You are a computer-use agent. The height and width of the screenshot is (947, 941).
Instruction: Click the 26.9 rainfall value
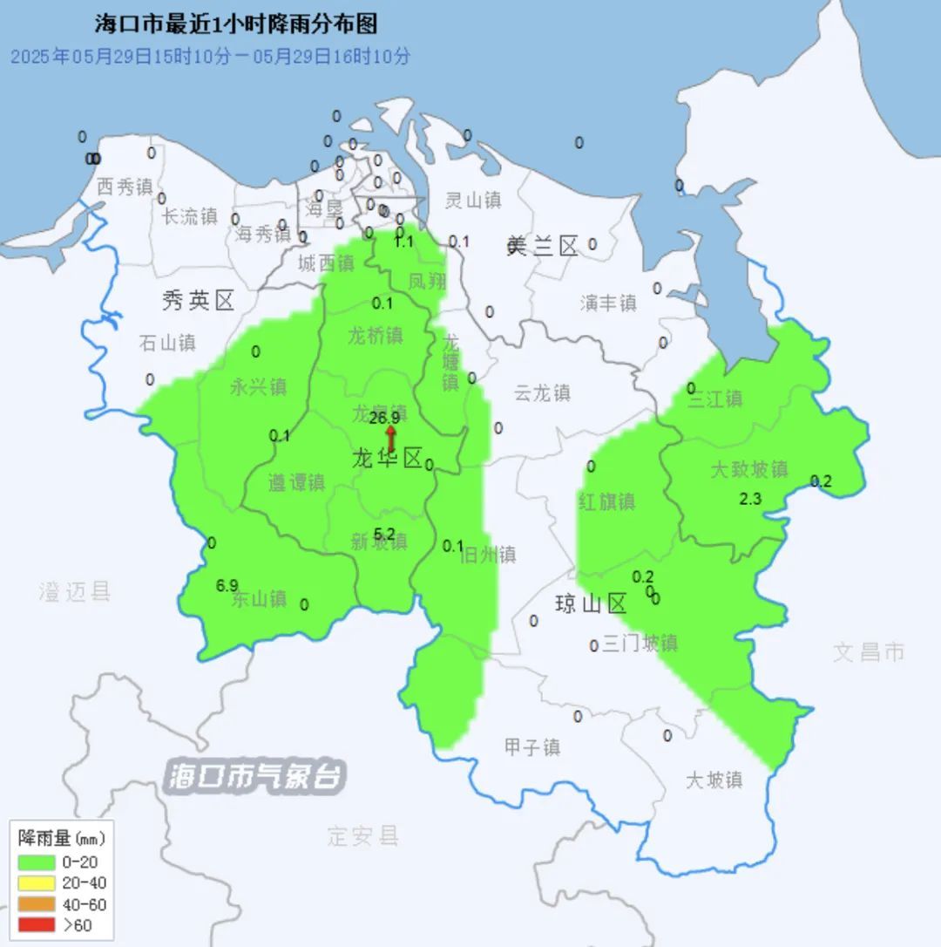383,419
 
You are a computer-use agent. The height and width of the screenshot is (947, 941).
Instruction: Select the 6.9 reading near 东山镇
227,585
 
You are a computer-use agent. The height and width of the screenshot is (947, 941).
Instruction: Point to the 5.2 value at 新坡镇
384,534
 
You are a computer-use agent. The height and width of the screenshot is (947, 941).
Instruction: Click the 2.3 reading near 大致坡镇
750,499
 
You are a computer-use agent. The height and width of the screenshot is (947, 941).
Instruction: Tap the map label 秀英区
199,302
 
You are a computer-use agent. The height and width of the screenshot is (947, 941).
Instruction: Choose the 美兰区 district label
542,247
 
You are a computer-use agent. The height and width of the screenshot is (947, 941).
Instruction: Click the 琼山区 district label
591,603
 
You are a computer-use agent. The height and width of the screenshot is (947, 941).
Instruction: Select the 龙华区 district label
387,459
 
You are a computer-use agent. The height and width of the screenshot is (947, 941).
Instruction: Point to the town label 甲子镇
532,747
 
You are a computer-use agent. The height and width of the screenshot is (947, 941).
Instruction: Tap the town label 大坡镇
714,780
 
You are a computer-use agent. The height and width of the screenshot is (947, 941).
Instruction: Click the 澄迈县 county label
75,592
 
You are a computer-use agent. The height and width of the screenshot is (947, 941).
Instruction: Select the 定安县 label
362,835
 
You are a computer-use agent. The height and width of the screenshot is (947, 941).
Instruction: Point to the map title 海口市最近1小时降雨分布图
236,24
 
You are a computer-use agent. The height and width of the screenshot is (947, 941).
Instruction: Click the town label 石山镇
167,343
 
